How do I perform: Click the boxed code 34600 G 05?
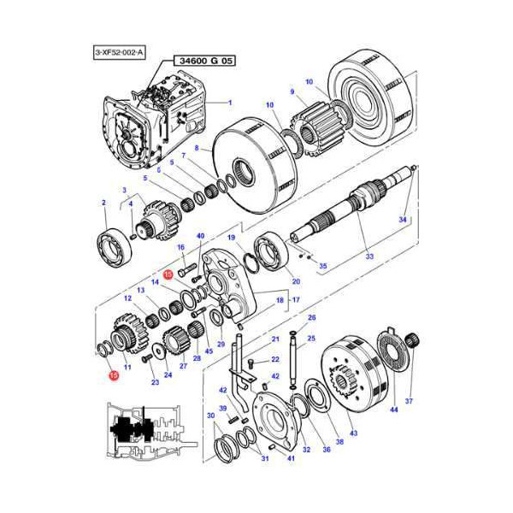coord(204,61)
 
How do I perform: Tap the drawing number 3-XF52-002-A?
coord(120,52)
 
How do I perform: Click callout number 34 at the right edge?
coord(403,221)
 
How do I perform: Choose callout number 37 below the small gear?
coord(408,401)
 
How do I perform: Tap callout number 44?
coord(393,411)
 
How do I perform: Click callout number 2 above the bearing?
coord(103,203)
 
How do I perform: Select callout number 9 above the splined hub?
coord(292,92)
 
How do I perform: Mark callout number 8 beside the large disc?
coord(195,148)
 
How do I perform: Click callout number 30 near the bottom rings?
coord(210,416)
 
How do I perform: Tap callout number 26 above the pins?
coord(311,318)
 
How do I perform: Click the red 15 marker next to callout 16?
coord(168,274)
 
